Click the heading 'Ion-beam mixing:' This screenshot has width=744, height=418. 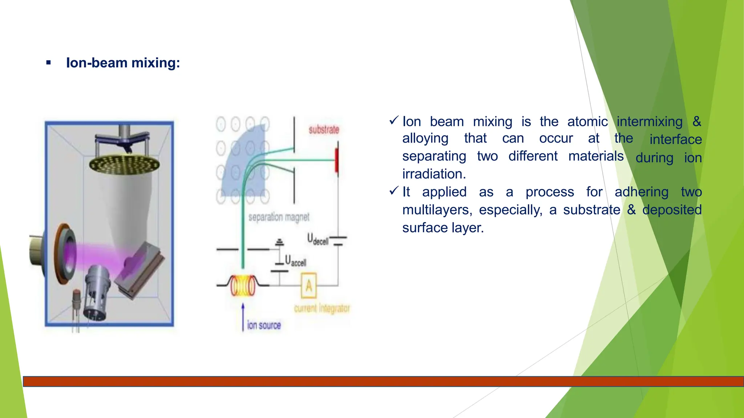(123, 63)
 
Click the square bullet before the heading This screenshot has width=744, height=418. (49, 63)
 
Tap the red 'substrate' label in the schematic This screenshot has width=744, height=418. (324, 130)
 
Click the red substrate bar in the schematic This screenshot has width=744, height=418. (337, 160)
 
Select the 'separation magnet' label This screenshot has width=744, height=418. (279, 217)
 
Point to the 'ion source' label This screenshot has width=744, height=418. (264, 325)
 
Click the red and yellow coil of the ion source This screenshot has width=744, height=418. (243, 286)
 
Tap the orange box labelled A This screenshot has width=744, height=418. (309, 286)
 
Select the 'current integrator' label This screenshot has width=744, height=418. (322, 308)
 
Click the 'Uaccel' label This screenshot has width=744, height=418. (295, 261)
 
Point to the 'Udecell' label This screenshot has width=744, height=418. (318, 239)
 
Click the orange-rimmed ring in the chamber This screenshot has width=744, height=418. (65, 254)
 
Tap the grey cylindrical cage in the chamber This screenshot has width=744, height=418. (97, 294)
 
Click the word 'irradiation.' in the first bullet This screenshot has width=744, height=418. (434, 174)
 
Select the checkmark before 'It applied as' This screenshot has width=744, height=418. (394, 191)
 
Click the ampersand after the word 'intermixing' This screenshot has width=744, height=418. (696, 121)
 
